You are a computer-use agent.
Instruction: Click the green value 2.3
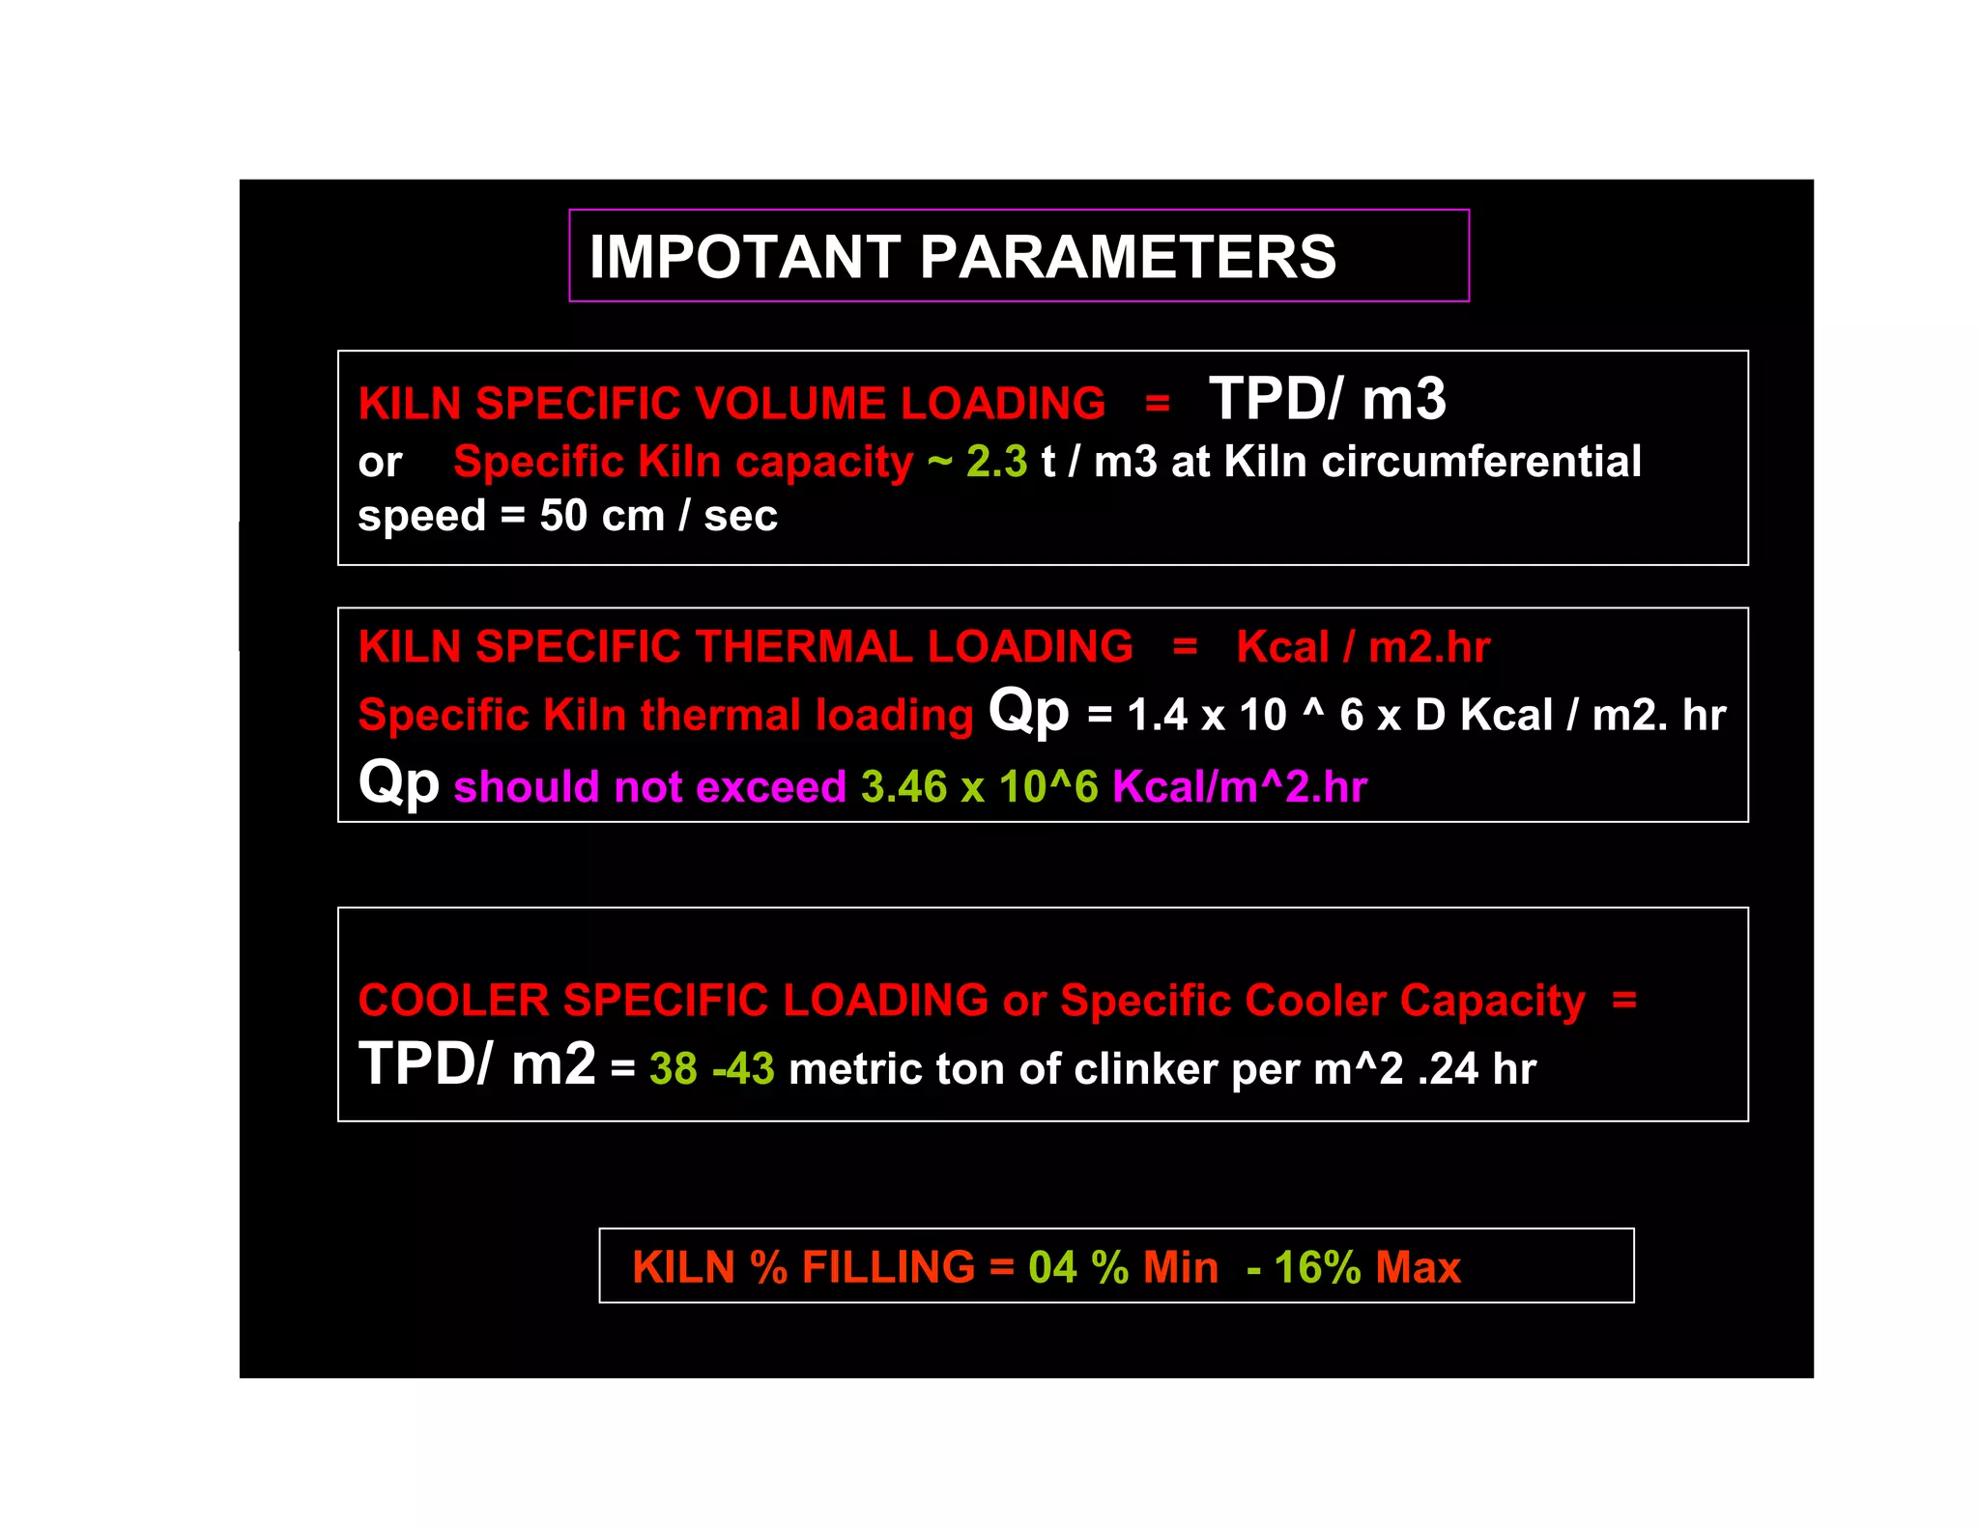pos(996,462)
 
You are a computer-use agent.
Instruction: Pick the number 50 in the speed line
pos(563,516)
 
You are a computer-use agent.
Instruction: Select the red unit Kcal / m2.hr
pos(1362,646)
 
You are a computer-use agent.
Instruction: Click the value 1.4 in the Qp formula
pos(1157,716)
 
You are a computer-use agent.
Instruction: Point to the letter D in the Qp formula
pos(1430,716)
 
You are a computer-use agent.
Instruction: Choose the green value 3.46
pos(903,787)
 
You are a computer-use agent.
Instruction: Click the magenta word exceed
pos(771,787)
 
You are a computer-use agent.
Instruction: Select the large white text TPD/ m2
pos(476,1064)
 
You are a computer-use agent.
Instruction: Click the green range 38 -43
pos(711,1069)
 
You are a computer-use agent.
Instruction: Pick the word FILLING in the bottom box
pos(888,1266)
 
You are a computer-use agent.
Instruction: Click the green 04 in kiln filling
pos(1052,1266)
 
